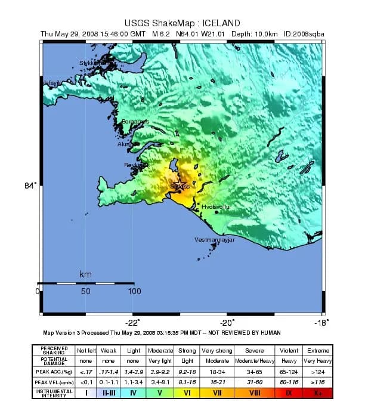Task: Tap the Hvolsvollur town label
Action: [x=216, y=206]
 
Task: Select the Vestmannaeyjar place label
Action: [x=215, y=240]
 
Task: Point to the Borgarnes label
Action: [x=135, y=122]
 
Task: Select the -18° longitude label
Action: [x=321, y=322]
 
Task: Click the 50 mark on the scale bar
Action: [x=85, y=292]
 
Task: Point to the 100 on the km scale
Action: [x=134, y=292]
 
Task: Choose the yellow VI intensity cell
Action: [x=187, y=393]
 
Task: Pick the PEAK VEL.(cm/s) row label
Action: [x=57, y=382]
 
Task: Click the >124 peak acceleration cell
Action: [x=318, y=371]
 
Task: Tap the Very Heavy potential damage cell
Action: [x=318, y=361]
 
